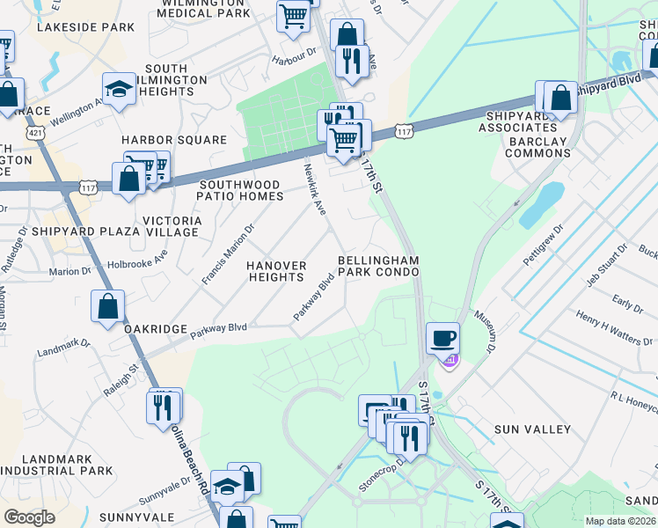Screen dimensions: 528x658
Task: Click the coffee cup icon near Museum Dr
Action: (x=442, y=336)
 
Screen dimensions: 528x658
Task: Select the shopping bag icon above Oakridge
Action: (x=108, y=306)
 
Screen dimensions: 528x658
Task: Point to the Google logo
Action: (x=29, y=517)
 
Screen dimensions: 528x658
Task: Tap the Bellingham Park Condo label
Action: (x=378, y=267)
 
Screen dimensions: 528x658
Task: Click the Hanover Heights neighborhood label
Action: (x=276, y=271)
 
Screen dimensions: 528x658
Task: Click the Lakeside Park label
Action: (x=86, y=27)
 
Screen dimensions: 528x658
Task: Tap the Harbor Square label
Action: (x=174, y=140)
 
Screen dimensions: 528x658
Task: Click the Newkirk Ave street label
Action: (x=314, y=189)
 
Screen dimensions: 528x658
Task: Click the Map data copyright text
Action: (x=620, y=521)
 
